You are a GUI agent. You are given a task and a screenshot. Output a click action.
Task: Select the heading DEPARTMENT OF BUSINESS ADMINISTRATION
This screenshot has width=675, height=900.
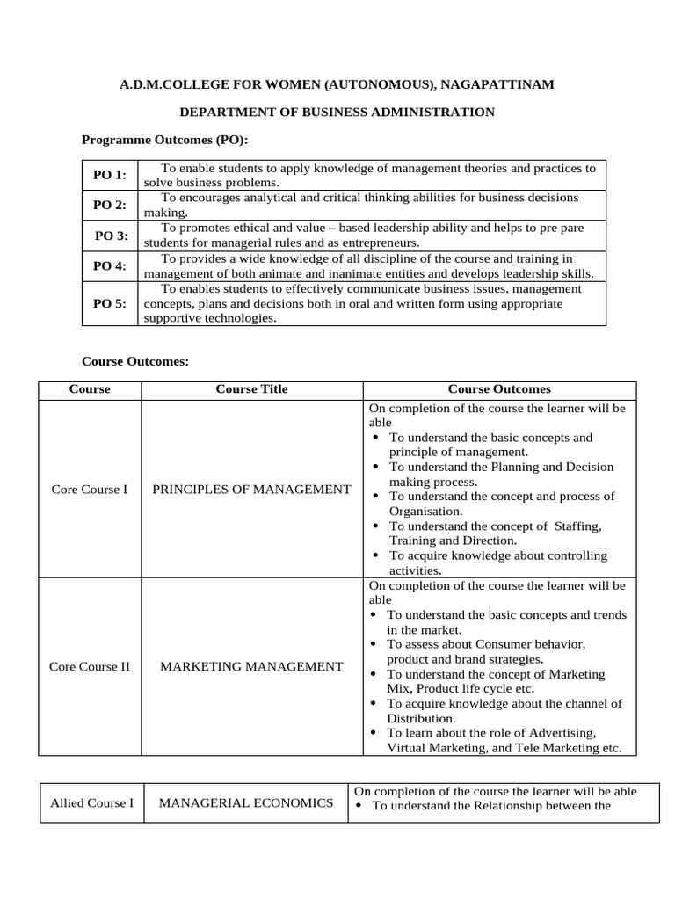(337, 112)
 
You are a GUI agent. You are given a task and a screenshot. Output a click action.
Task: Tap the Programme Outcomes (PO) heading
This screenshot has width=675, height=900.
(165, 139)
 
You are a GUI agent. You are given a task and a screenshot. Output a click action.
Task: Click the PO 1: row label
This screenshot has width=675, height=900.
(110, 175)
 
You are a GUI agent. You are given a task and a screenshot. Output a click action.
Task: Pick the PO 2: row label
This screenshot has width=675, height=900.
(110, 205)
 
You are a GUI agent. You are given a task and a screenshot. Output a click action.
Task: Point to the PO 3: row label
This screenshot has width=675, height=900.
(111, 236)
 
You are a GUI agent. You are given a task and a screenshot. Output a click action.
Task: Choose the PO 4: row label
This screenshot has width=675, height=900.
(110, 265)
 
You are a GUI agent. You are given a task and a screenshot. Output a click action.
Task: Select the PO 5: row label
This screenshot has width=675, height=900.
(110, 303)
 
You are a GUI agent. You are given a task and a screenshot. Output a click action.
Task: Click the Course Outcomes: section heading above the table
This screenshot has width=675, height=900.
(135, 360)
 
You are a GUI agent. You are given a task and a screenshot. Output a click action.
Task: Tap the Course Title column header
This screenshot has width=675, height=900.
(251, 388)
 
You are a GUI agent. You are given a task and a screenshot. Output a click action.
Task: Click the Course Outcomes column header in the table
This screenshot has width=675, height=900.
(499, 388)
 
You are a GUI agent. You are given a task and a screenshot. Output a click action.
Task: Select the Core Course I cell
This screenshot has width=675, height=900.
(89, 489)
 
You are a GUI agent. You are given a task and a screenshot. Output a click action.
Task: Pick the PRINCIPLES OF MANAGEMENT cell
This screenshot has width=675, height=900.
(251, 489)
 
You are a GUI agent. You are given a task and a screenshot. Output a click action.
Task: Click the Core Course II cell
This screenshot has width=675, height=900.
(90, 666)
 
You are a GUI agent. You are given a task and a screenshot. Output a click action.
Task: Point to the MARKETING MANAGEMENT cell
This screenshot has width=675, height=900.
(251, 666)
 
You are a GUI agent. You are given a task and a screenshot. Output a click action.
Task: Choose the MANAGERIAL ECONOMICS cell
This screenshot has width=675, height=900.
(246, 802)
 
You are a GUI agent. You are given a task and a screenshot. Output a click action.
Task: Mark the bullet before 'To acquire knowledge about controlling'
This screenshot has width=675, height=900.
(375, 555)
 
